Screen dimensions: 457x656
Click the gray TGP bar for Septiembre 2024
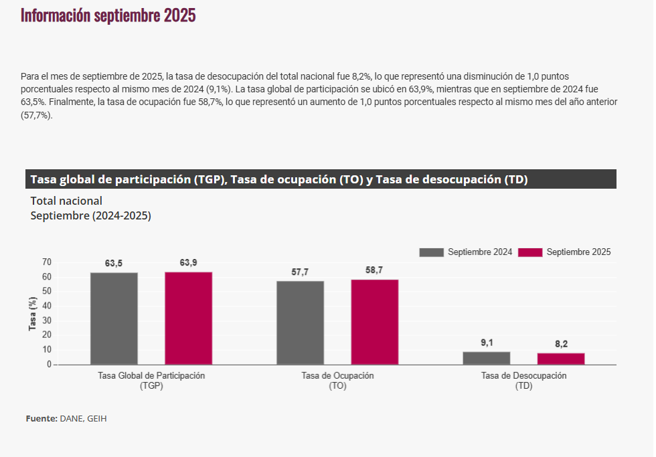pos(114,318)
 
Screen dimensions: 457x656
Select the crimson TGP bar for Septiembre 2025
pos(188,318)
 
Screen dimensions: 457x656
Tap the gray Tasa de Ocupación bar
pos(300,323)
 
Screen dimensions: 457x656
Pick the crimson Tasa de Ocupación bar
pos(375,322)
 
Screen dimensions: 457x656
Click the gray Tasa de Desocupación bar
pos(486,358)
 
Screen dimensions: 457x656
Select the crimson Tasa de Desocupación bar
pos(561,359)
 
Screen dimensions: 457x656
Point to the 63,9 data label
pos(188,263)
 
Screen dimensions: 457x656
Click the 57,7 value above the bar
pos(300,272)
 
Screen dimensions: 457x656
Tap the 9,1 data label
pos(487,343)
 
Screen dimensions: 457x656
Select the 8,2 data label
pos(561,344)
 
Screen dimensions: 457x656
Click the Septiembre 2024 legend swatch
pos(432,252)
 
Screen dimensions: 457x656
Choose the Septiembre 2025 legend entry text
pos(578,252)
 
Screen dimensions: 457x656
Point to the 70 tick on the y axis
pos(46,262)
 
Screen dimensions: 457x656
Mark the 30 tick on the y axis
pos(46,321)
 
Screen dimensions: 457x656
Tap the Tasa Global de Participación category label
pos(151,376)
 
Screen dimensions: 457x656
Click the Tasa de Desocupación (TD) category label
pos(523,381)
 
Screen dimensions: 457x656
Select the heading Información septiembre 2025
pos(108,16)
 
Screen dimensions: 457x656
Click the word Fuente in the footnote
pos(42,419)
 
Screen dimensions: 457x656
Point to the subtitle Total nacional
pos(66,201)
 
